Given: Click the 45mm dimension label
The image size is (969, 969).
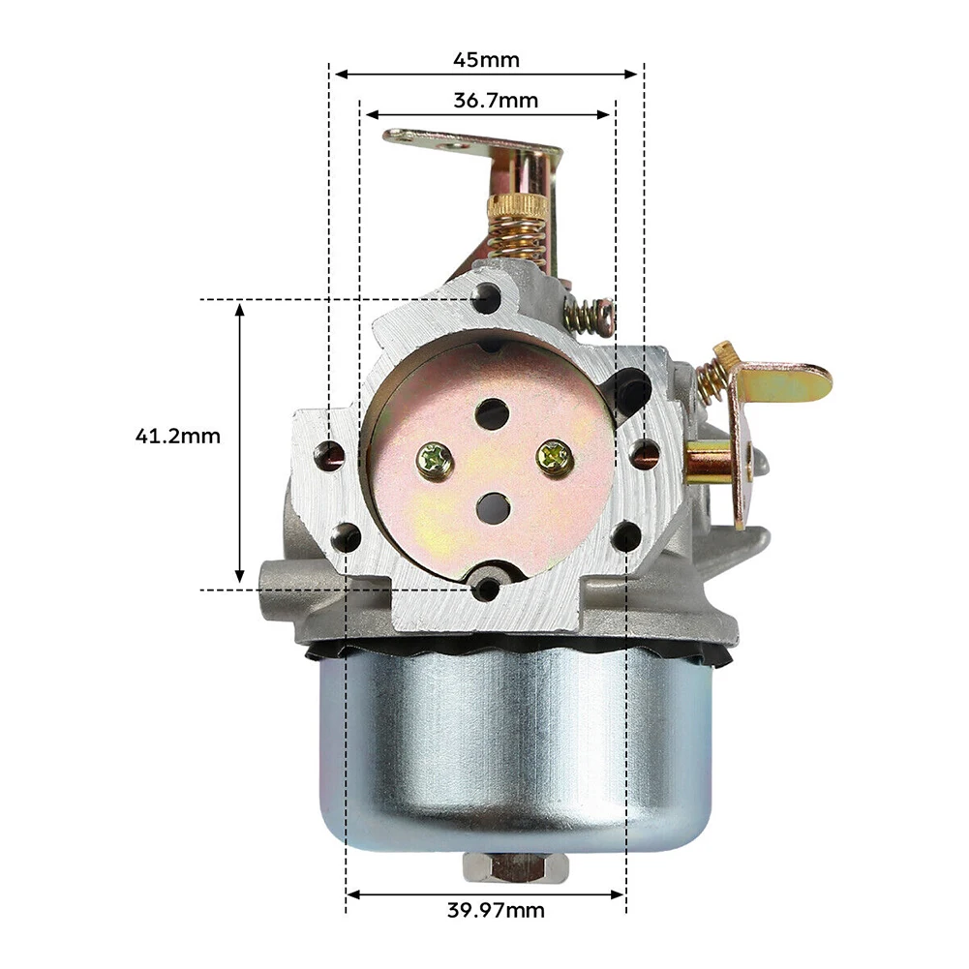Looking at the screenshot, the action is click(486, 60).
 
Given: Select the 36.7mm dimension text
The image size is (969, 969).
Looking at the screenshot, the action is click(496, 100).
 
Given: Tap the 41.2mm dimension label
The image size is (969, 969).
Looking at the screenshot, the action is click(178, 436).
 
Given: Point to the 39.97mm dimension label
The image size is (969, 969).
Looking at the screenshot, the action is click(497, 910).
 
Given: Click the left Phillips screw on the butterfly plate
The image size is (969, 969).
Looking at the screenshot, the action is click(432, 459).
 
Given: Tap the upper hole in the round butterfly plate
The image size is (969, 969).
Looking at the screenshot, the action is click(493, 412).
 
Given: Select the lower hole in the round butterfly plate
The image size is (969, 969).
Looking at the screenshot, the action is click(494, 507).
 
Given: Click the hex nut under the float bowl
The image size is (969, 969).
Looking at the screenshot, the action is click(506, 867).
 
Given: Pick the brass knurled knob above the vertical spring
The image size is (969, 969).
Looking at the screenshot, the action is click(516, 208).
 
